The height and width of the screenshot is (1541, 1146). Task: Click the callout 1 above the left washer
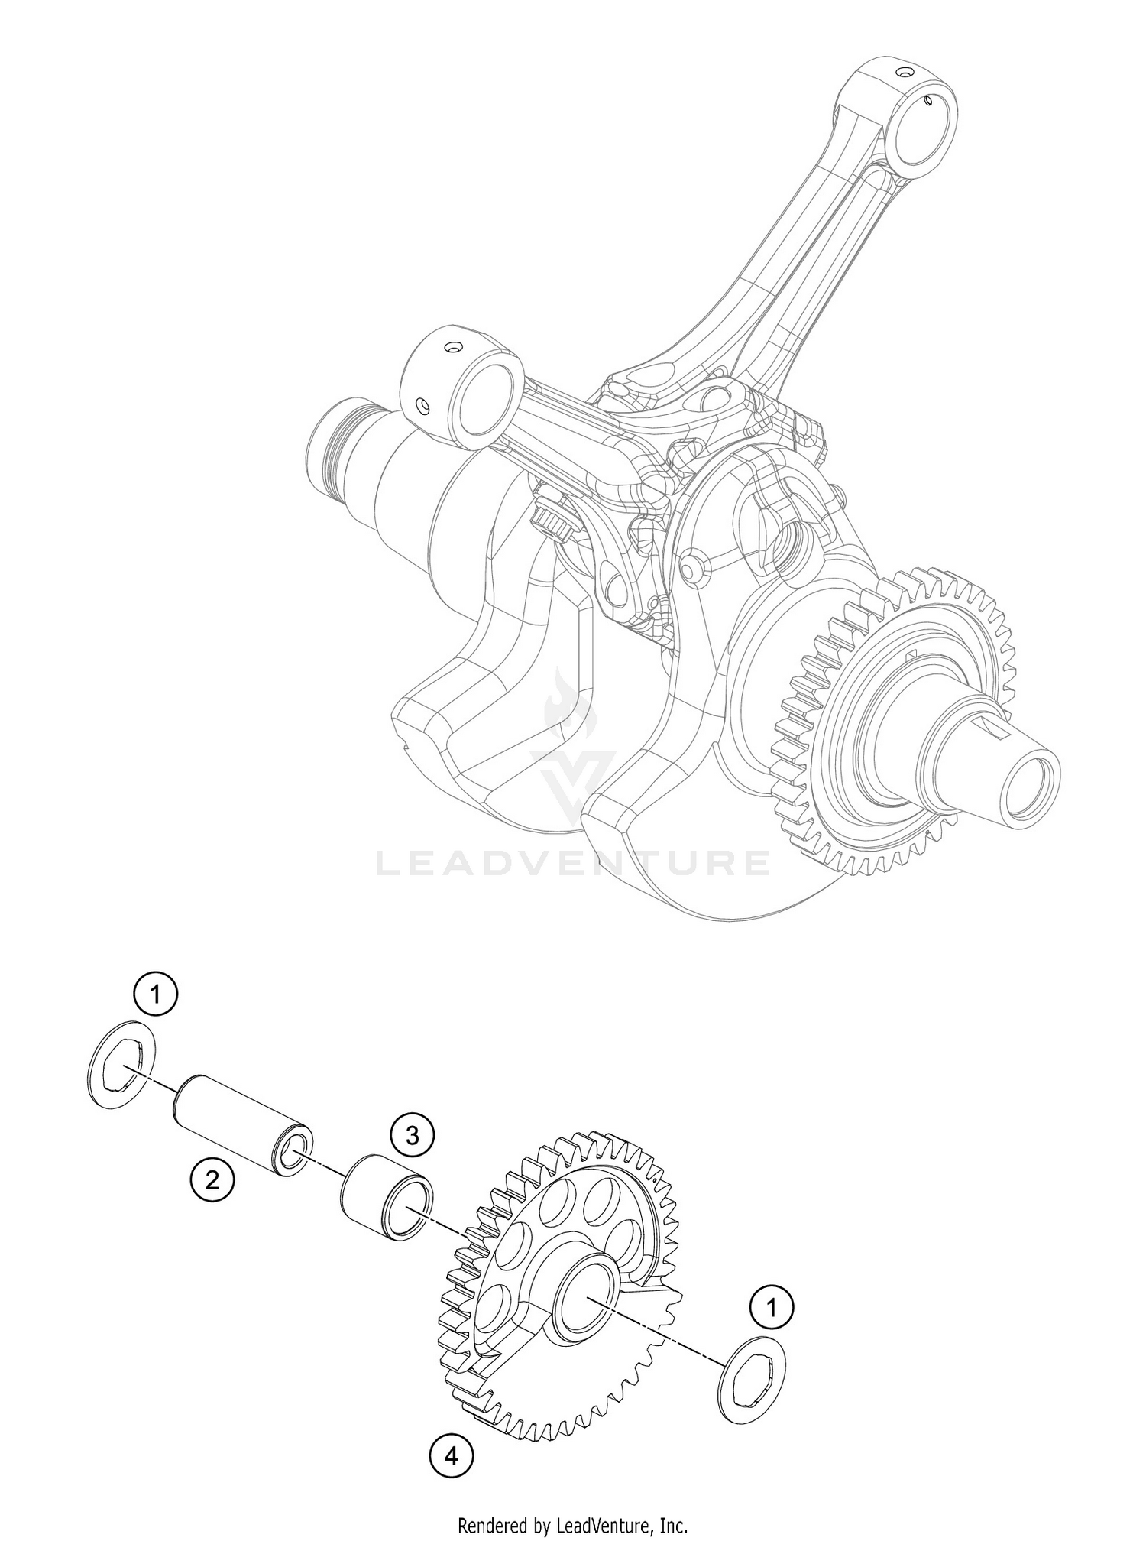click(156, 994)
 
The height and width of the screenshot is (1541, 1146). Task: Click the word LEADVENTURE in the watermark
click(573, 863)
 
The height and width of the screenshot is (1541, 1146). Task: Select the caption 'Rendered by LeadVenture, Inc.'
click(572, 1526)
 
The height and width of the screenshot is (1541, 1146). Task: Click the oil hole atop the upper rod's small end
click(905, 73)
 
